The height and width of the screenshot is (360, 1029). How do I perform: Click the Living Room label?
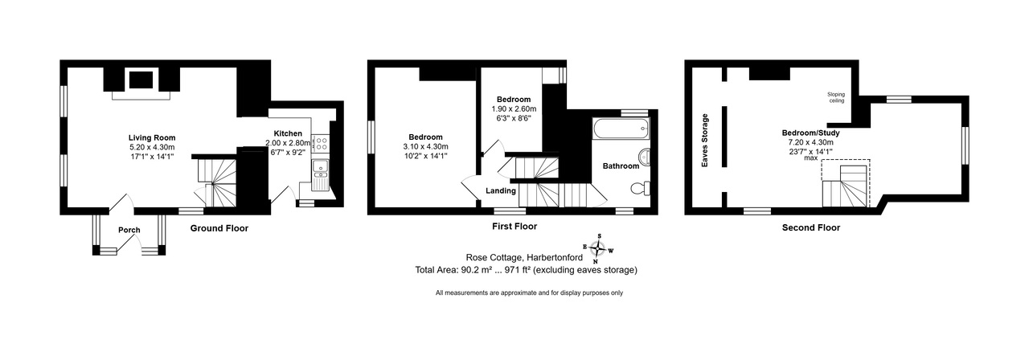coord(152,137)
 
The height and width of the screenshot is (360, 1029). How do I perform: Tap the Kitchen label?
coord(288,133)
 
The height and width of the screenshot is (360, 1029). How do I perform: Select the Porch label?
coord(129,230)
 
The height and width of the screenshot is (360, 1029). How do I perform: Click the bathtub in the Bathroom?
coord(621,129)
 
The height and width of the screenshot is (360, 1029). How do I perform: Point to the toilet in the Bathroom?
coord(641,188)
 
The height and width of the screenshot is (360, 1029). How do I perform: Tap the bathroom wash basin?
coord(645,157)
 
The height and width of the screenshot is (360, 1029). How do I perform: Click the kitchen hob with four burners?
coord(320,143)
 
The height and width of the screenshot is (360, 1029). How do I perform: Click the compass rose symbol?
coord(598,249)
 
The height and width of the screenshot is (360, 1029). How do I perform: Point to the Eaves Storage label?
coord(705,140)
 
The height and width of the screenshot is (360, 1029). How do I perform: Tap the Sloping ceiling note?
coord(836,97)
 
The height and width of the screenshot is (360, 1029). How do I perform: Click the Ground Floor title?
coord(219,228)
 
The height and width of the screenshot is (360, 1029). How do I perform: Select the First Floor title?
coord(514,226)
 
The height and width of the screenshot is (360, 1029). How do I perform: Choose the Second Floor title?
coord(811,227)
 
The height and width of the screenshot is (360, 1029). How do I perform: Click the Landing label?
coord(501,190)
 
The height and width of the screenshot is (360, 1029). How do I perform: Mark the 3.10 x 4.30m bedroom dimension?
coord(425,146)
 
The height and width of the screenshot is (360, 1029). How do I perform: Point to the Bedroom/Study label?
coord(811,133)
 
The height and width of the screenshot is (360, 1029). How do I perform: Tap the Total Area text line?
coord(526,270)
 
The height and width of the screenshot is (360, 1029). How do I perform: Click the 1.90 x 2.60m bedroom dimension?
coord(514,108)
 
